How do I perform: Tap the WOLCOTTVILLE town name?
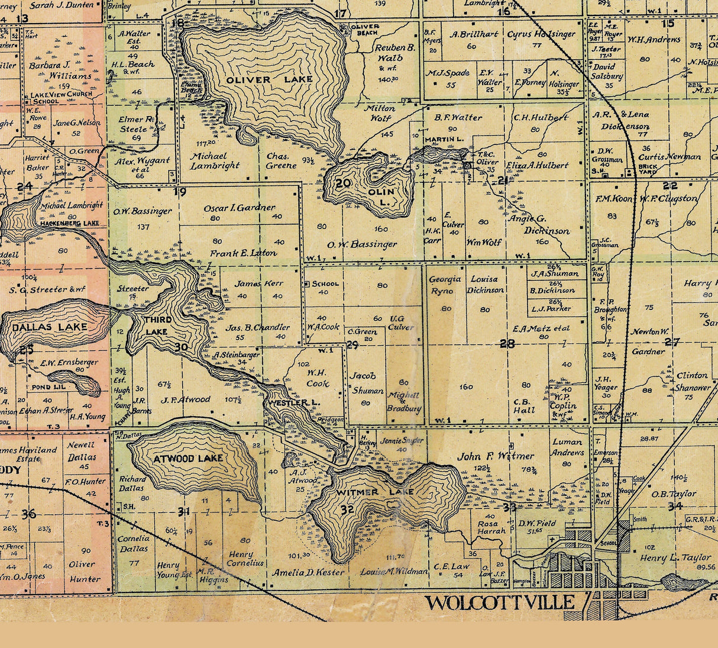pos(500,603)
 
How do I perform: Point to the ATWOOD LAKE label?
pos(188,458)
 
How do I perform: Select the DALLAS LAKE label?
pos(50,327)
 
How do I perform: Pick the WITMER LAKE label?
pos(375,492)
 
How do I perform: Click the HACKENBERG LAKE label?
pos(70,224)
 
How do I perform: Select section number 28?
pos(507,343)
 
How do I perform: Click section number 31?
pos(183,511)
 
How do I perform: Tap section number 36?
pos(28,514)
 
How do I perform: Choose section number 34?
pos(674,506)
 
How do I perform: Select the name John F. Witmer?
pos(496,456)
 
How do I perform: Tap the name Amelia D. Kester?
pos(308,572)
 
